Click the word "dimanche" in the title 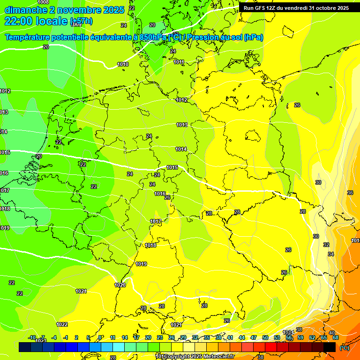click(26, 10)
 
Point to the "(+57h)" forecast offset click(81, 22)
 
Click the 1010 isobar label click(123, 64)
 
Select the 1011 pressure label click(179, 62)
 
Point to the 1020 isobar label click(120, 285)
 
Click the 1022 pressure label click(62, 324)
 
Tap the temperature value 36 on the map click(350, 193)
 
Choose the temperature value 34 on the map click(331, 254)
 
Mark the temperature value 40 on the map click(332, 333)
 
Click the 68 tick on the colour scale click(336, 337)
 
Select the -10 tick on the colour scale click(32, 337)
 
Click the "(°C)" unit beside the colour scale click(344, 347)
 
